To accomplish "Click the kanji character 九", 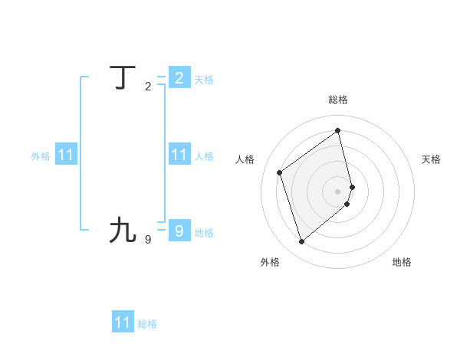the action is coord(123,230).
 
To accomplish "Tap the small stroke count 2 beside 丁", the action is coord(148,87).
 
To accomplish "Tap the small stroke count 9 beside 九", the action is coord(148,239).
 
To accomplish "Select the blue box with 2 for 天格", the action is coord(179,77).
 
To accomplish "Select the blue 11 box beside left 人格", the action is coord(179,155).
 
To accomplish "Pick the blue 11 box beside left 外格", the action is coord(66,155).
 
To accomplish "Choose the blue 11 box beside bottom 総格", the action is coord(123,322).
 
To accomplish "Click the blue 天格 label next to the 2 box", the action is coord(204,80).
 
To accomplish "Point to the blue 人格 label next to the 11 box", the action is coord(204,156).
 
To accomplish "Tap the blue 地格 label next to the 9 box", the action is coord(204,233).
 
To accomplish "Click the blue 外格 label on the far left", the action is coord(41,156).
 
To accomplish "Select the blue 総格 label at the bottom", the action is coord(147,324).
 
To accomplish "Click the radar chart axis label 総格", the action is coord(338,100).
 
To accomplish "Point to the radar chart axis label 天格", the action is coord(431,159).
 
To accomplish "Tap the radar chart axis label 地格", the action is coord(402,262).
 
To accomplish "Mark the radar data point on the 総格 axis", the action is coord(338,130).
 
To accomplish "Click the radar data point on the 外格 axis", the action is coord(301,242).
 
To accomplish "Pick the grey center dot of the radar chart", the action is coord(338,190).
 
